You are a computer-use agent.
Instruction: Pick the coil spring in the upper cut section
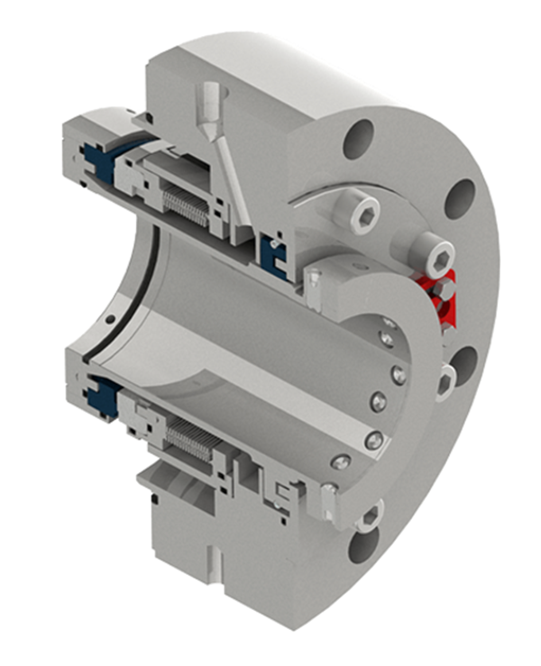[x=190, y=210]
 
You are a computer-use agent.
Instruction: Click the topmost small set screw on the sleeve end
[x=390, y=322]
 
